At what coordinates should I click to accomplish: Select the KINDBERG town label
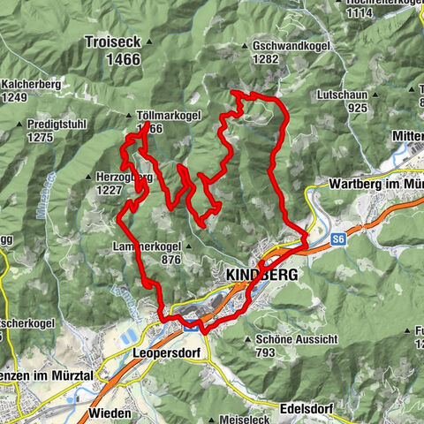262,275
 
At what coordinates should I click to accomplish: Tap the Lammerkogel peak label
147,246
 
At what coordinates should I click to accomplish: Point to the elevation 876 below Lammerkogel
172,260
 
